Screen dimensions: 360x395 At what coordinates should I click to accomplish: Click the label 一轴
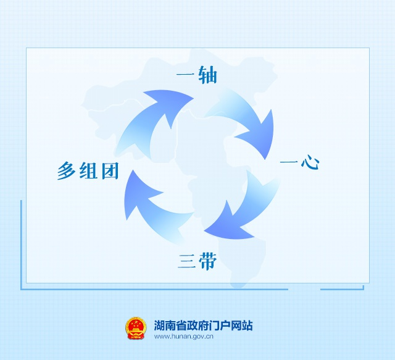pyautogui.click(x=196, y=76)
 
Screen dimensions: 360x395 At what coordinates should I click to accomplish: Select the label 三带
pyautogui.click(x=197, y=261)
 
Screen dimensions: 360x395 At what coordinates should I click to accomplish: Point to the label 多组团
pyautogui.click(x=88, y=170)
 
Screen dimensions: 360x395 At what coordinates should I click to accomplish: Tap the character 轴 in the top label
pyautogui.click(x=207, y=76)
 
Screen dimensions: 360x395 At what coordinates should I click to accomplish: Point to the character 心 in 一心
pyautogui.click(x=310, y=164)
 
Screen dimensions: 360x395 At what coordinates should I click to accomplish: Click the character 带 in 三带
pyautogui.click(x=208, y=261)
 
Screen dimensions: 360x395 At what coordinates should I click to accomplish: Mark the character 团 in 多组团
pyautogui.click(x=109, y=170)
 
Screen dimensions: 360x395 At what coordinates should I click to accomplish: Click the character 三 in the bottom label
pyautogui.click(x=186, y=261)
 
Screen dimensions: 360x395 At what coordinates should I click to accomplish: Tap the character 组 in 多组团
pyautogui.click(x=88, y=170)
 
